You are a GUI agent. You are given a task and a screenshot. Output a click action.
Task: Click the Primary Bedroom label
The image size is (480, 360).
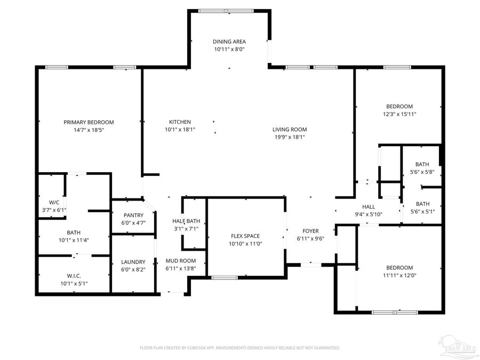(x=89, y=122)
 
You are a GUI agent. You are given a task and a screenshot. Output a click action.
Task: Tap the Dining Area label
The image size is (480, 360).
(x=229, y=42)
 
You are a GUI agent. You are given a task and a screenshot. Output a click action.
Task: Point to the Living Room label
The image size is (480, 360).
(x=290, y=130)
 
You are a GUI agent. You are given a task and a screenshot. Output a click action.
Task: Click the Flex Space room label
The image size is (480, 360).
(x=245, y=236)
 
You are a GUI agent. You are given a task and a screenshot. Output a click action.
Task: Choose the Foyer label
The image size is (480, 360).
(x=310, y=231)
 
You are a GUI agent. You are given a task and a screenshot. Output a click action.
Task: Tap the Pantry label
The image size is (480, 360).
(x=134, y=215)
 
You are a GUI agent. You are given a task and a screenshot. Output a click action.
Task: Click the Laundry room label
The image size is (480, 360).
(x=133, y=262)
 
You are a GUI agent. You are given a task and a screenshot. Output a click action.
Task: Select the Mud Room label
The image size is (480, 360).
(x=181, y=261)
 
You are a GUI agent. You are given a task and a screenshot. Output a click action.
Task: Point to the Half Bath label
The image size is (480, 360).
(x=186, y=221)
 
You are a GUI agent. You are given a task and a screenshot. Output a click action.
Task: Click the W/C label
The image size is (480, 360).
(x=54, y=203)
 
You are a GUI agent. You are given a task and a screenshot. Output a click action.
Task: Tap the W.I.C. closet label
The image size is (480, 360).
(x=74, y=276)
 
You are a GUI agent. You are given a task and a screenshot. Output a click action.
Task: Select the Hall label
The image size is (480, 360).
(x=369, y=207)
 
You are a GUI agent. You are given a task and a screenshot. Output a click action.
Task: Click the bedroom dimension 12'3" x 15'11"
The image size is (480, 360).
(x=399, y=114)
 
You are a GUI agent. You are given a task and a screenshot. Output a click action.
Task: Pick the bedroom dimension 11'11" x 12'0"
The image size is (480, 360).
(x=399, y=275)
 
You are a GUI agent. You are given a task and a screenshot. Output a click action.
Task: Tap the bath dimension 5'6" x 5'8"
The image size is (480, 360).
(x=422, y=172)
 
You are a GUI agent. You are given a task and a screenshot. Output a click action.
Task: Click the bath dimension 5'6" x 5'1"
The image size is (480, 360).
(x=422, y=211)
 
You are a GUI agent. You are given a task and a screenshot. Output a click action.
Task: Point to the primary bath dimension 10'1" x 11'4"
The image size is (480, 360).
(x=74, y=240)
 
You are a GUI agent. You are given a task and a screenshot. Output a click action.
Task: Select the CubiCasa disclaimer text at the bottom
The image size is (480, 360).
(x=240, y=348)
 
